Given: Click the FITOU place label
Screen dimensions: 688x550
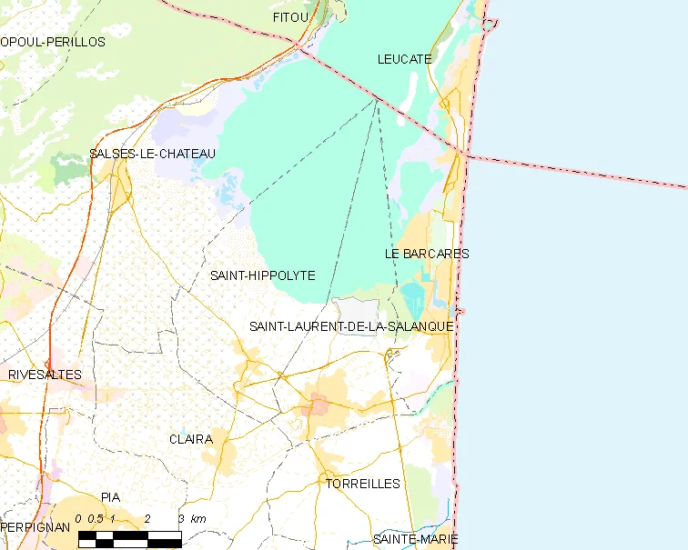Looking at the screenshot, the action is (291, 17).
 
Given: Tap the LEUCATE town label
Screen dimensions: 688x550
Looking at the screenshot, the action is (404, 59).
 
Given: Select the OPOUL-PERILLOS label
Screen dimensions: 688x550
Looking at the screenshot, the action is (53, 42).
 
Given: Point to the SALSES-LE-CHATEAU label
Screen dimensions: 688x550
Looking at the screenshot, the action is (152, 154).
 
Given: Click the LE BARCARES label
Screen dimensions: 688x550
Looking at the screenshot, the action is (426, 254).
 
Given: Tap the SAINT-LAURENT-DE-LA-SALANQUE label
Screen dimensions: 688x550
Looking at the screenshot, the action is (351, 326).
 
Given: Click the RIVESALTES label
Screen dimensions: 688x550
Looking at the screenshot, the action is (45, 375).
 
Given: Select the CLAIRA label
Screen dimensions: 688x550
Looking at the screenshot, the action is (191, 439).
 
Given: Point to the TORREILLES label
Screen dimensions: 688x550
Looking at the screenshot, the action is (362, 484).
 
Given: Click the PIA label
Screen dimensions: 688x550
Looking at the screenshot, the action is (111, 497).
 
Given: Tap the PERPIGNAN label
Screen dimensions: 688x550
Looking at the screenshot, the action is (35, 527).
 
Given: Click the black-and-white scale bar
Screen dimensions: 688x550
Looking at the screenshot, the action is (129, 538).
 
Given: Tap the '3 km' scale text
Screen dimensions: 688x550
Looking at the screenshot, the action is (192, 519).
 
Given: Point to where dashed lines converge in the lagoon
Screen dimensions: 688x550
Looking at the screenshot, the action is (378, 100).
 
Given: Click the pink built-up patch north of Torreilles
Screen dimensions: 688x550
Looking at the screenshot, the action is (318, 405).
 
